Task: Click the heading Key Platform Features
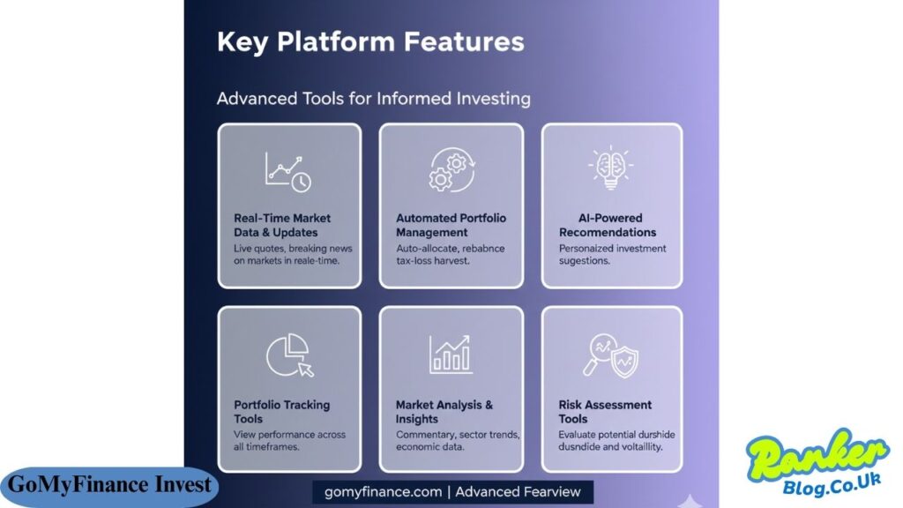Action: click(370, 41)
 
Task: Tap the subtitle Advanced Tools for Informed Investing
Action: click(373, 98)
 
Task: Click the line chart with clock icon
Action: click(288, 170)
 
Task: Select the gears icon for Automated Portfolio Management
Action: click(451, 170)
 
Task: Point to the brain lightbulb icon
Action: click(611, 168)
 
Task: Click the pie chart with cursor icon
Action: click(289, 355)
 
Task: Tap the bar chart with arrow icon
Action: click(451, 354)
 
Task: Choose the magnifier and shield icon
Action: click(611, 355)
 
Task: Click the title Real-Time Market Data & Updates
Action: click(282, 225)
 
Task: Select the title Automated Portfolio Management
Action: click(451, 225)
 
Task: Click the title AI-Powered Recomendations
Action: click(608, 225)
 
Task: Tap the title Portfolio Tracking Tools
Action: click(281, 412)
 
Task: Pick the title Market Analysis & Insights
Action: click(444, 412)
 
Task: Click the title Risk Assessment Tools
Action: click(605, 412)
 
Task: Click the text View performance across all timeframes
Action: click(289, 441)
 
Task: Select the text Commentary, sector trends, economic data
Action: click(457, 441)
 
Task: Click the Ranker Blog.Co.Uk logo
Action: click(818, 466)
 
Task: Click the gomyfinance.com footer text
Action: click(452, 491)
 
